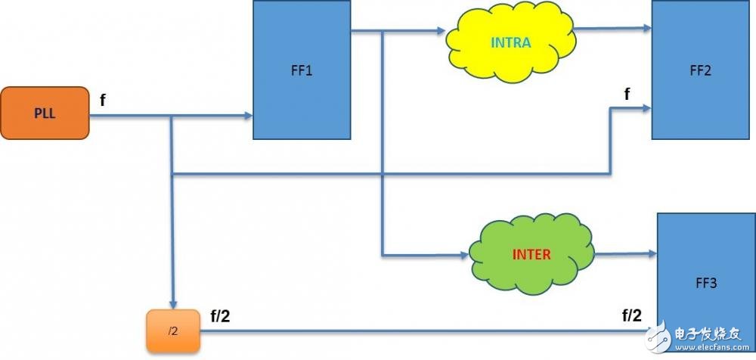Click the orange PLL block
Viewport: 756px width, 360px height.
tap(44, 113)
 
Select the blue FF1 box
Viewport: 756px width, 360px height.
tap(302, 70)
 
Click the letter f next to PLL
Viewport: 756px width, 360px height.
tap(102, 100)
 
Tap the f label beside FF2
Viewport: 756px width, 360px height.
tap(626, 94)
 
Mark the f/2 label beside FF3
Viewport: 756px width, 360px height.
tap(634, 315)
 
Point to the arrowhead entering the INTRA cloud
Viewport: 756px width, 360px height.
tap(442, 32)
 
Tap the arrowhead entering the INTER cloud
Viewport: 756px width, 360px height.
tap(463, 255)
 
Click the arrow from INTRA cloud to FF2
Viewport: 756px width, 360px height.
tap(612, 29)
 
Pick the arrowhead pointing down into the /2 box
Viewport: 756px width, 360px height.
tap(173, 304)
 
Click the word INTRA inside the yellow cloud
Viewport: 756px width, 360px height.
tap(511, 43)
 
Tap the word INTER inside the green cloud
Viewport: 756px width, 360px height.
tap(531, 254)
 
